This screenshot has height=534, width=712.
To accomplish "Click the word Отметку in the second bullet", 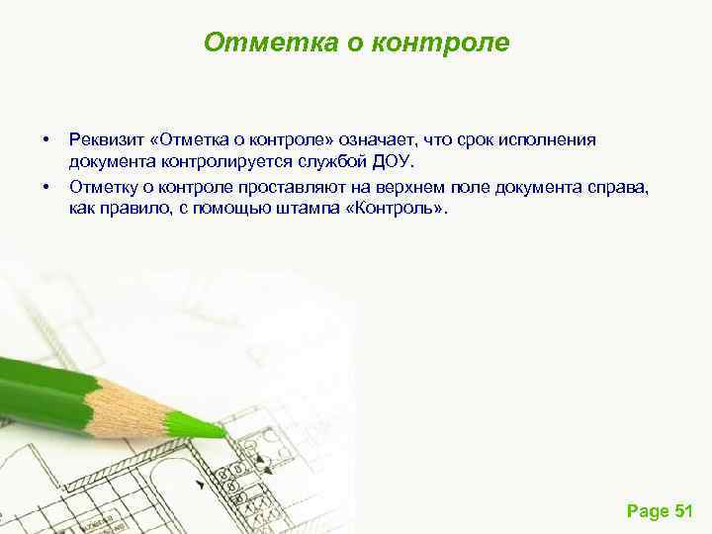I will pyautogui.click(x=101, y=185).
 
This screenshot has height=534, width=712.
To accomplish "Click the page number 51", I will pyautogui.click(x=682, y=510).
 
